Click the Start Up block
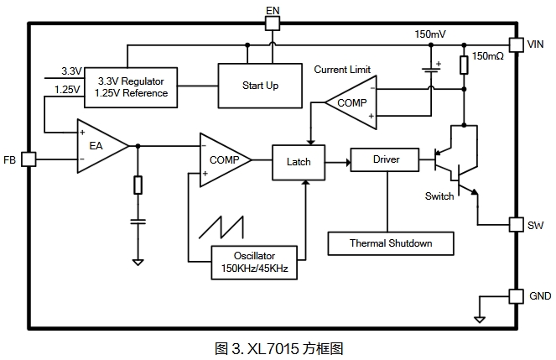(260, 86)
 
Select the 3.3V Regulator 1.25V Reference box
(133, 86)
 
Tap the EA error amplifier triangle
(99, 146)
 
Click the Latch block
(298, 162)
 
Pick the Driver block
(386, 159)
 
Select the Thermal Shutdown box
(391, 243)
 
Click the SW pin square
(516, 225)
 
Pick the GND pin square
(516, 296)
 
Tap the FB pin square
(28, 159)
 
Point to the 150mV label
(430, 34)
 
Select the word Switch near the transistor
(439, 196)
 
